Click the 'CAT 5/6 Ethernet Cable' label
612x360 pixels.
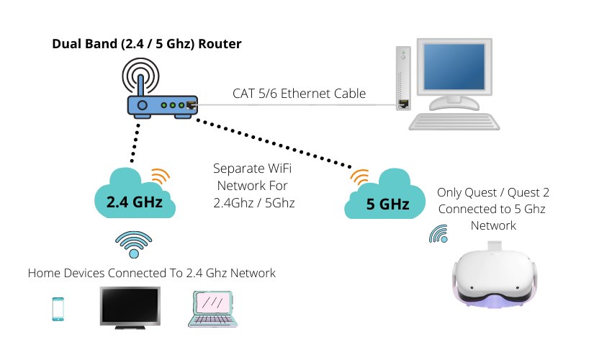pyautogui.click(x=299, y=94)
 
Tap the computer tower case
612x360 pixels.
pyautogui.click(x=405, y=83)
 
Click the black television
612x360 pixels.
pyautogui.click(x=130, y=307)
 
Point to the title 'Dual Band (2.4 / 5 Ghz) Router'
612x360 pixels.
pyautogui.click(x=147, y=44)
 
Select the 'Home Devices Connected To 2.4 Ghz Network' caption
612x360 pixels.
pyautogui.click(x=152, y=274)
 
